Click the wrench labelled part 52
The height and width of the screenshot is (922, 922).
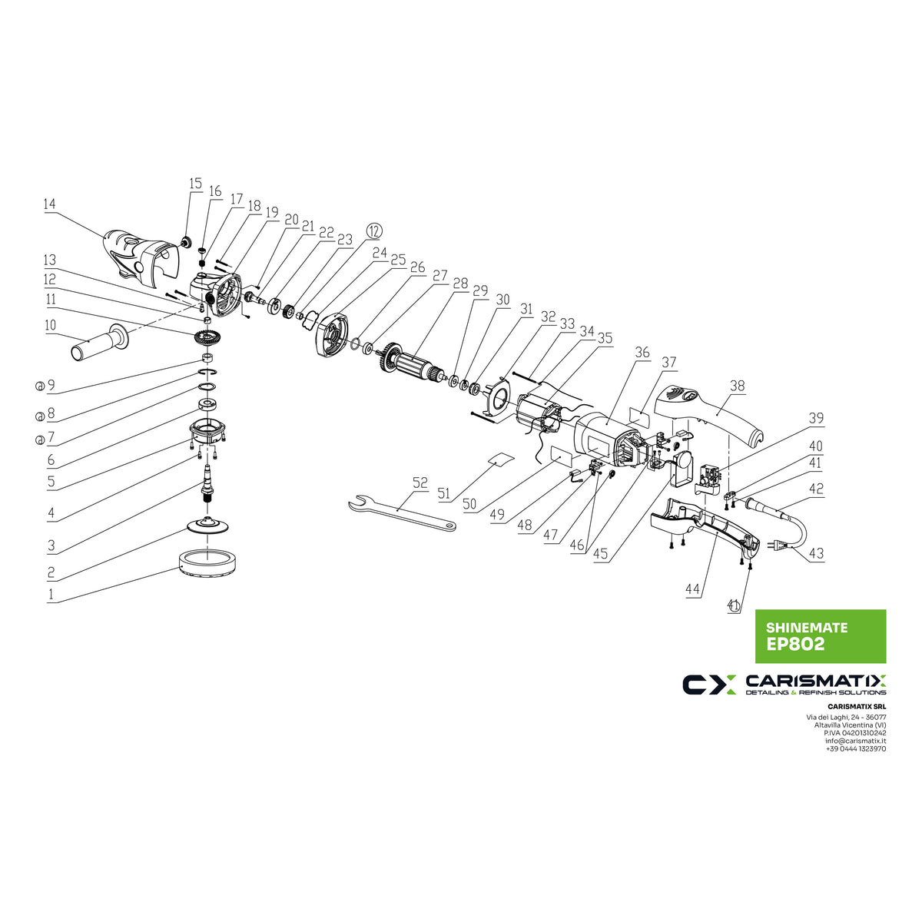point(400,512)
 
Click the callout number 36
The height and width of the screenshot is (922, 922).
point(642,353)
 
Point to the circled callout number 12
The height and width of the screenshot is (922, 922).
point(373,230)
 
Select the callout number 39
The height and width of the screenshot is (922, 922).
point(815,419)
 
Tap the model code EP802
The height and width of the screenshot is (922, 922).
point(795,645)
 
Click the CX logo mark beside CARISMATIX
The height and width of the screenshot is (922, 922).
point(709,685)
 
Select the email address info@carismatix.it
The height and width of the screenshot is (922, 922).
point(855,741)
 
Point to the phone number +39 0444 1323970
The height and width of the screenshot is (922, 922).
point(855,749)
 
